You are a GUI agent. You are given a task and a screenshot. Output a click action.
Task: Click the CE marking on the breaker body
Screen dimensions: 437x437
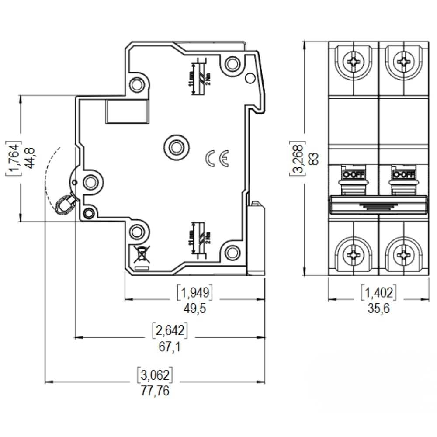pyautogui.click(x=217, y=159)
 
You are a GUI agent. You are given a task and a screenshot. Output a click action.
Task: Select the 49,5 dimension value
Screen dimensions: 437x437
pyautogui.click(x=194, y=309)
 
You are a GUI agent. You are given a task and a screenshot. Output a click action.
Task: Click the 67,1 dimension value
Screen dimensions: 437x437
pyautogui.click(x=170, y=347)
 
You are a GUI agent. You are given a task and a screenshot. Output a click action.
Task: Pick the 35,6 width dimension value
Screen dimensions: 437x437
pyautogui.click(x=378, y=309)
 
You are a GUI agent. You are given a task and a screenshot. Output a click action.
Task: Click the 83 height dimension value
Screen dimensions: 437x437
pyautogui.click(x=313, y=159)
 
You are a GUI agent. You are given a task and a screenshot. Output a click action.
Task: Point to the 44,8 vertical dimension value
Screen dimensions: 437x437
pyautogui.click(x=31, y=158)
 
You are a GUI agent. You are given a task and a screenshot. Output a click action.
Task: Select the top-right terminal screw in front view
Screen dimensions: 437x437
pyautogui.click(x=403, y=62)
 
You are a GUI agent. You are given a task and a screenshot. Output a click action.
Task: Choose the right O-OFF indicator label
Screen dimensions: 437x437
pyautogui.click(x=403, y=175)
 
